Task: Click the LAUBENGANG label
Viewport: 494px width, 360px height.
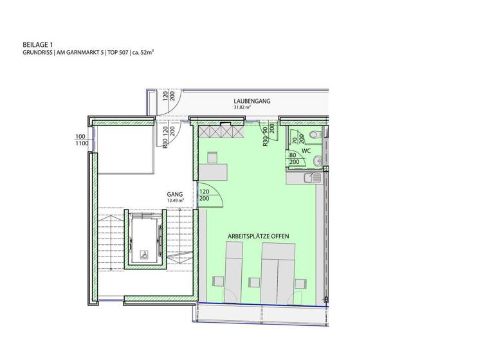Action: point(252,102)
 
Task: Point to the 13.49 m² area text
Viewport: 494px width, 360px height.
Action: point(175,201)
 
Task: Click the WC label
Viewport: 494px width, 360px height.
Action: point(306,151)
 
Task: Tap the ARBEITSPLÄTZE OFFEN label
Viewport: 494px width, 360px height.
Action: point(259,237)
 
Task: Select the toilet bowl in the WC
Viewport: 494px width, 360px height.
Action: point(313,134)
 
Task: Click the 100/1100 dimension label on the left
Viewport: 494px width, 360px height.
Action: point(80,140)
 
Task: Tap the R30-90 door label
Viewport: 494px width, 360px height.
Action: point(265,138)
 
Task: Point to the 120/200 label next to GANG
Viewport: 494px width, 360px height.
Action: point(205,195)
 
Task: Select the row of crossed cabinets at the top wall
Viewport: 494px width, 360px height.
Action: point(220,131)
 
